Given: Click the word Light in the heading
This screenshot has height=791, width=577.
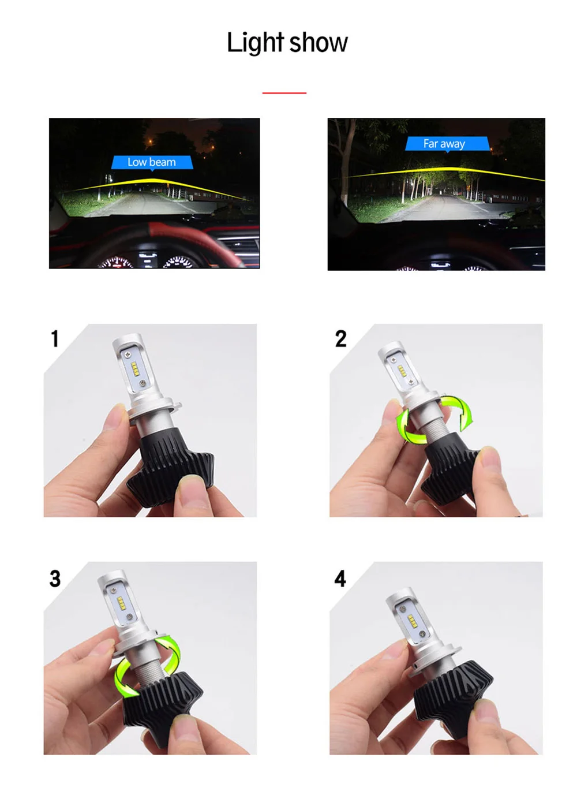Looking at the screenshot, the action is click(256, 42).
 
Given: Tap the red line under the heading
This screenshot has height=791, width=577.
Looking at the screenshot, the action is click(284, 93).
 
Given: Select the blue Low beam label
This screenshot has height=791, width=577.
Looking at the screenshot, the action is click(152, 162).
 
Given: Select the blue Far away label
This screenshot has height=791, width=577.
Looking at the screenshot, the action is click(447, 144).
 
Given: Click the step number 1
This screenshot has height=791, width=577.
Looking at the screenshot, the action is click(55, 338).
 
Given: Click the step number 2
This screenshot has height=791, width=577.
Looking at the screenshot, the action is click(340, 338).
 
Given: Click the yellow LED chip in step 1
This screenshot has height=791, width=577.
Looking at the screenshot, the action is click(134, 369).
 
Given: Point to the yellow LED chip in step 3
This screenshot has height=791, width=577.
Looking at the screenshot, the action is click(121, 604).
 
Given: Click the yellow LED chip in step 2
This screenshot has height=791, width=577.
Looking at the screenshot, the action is click(402, 371).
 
